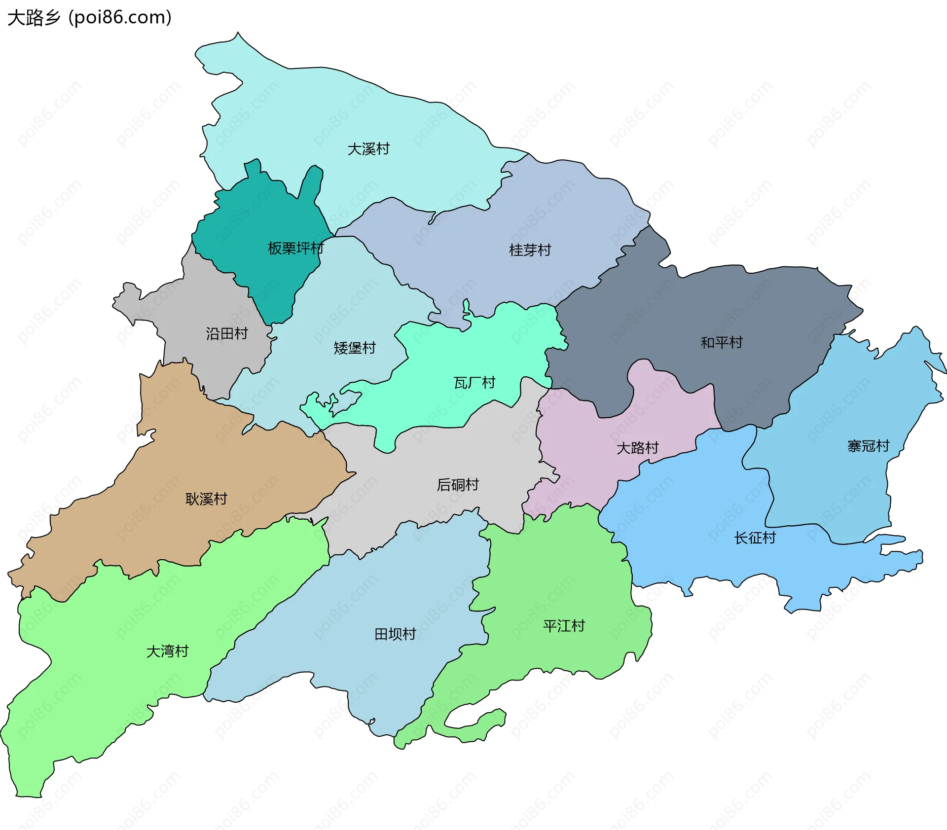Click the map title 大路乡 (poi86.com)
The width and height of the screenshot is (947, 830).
point(90,18)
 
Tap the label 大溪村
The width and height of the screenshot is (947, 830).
point(368,149)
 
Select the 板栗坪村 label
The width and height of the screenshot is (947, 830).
point(295,248)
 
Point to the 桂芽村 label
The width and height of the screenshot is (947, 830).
point(530,250)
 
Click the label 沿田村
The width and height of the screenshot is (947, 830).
point(226,334)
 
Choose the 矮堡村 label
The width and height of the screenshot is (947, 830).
point(354,348)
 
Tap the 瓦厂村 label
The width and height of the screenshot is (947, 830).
point(474,383)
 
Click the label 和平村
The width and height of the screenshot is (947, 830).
point(722,342)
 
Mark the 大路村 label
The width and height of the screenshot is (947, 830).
point(637,448)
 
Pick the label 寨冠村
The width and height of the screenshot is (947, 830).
point(868,446)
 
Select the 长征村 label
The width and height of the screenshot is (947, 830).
point(755,538)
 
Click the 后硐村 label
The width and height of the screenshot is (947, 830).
point(457,485)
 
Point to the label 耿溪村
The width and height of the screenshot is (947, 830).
point(206,499)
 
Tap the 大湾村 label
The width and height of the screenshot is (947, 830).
point(167,651)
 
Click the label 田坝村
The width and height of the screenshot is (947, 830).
point(395,634)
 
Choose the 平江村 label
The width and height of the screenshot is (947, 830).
point(564,626)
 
